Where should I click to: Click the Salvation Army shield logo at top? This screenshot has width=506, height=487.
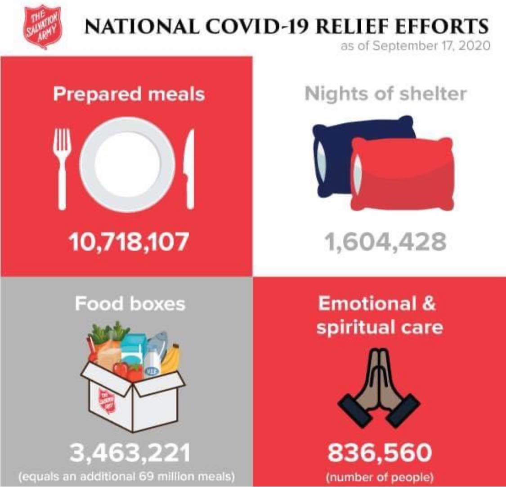[x=42, y=27]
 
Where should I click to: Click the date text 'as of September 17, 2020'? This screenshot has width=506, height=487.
[x=415, y=46]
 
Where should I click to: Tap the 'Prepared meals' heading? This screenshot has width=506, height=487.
[x=129, y=94]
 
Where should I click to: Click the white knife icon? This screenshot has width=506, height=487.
[x=190, y=169]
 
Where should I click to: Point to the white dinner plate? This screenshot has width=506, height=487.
[x=127, y=165]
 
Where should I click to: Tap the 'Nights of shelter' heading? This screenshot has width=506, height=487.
[x=385, y=94]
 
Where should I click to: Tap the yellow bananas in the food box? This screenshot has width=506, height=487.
[x=172, y=358]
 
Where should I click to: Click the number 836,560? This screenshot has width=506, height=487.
[x=380, y=454]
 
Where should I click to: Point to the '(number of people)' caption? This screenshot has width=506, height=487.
[x=379, y=477]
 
